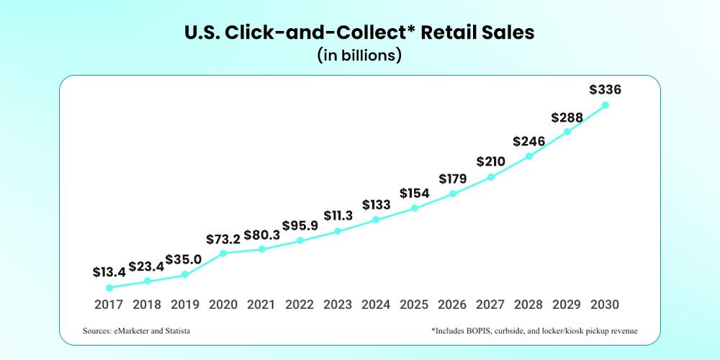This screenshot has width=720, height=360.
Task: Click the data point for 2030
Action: tap(606, 105)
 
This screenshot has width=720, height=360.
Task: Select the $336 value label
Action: tap(605, 90)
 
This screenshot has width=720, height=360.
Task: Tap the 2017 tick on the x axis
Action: tap(109, 304)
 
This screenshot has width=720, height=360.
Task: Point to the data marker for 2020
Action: tap(223, 253)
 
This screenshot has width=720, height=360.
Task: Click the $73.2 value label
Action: tap(223, 238)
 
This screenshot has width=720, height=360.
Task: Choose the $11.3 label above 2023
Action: tap(338, 216)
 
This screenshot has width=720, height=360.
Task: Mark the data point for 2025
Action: tap(414, 208)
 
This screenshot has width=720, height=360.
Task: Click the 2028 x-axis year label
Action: tap(529, 304)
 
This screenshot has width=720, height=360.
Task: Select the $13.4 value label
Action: tap(109, 272)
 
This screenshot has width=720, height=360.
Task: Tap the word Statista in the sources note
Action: tap(176, 330)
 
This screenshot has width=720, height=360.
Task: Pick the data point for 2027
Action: tap(491, 176)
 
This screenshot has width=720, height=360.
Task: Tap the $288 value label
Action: tap(567, 117)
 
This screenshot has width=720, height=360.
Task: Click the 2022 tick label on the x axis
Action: tap(300, 304)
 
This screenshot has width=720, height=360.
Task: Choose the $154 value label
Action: tap(414, 193)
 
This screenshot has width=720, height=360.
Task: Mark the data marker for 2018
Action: tap(147, 281)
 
